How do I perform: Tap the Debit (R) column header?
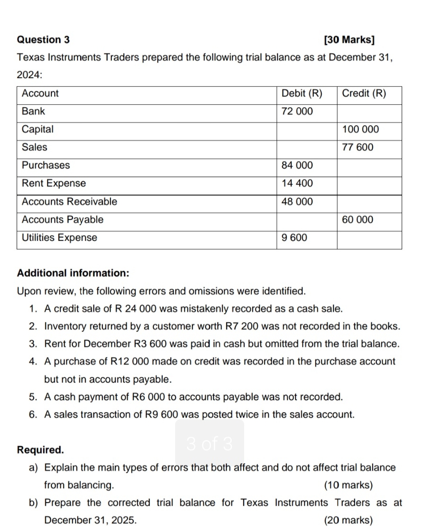[x=302, y=94]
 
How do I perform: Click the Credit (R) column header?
[x=364, y=94]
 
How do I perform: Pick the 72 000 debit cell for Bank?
[x=297, y=111]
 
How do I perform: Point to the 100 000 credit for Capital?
[x=361, y=129]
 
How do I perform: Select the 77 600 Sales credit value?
[x=358, y=147]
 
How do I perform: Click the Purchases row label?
[x=46, y=166]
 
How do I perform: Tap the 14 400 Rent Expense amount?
[x=297, y=184]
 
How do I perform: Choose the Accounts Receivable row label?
[x=69, y=202]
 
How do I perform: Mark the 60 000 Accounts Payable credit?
[x=358, y=220]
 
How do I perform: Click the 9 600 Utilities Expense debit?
[x=295, y=238]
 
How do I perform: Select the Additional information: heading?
[x=73, y=274]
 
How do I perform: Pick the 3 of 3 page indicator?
[x=209, y=443]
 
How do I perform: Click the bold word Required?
[x=40, y=450]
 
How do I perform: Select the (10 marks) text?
[x=348, y=485]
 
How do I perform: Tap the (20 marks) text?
[x=348, y=520]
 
